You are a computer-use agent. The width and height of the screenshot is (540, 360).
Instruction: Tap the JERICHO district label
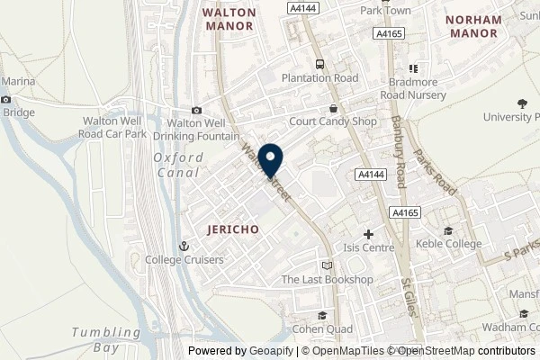[231, 229]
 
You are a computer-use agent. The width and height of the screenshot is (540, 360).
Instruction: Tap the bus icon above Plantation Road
[319, 64]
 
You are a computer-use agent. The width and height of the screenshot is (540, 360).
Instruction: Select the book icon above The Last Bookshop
[326, 265]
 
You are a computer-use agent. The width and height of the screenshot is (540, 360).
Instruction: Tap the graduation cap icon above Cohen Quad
[322, 314]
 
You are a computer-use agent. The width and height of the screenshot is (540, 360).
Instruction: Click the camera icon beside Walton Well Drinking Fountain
[197, 111]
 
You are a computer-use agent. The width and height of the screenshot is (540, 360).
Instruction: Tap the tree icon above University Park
[524, 104]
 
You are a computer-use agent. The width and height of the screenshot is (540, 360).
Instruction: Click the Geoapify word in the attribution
[257, 351]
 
